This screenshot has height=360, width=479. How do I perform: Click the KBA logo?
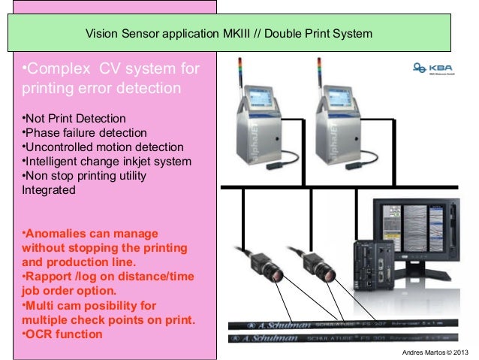[x=429, y=68]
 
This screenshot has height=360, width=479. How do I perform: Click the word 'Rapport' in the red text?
[x=50, y=277]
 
